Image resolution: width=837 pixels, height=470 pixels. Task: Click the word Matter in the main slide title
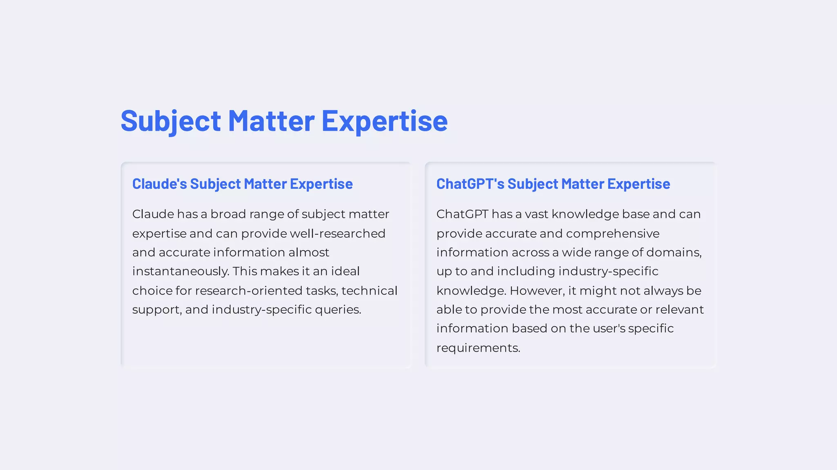coord(271,121)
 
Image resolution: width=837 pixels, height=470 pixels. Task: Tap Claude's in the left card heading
coord(159,184)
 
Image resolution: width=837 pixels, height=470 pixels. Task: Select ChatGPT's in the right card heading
coord(470,184)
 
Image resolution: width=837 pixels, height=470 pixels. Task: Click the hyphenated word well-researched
coord(337,234)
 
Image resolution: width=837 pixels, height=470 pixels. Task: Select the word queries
coord(338,310)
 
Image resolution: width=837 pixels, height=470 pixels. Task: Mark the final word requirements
coord(478,348)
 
